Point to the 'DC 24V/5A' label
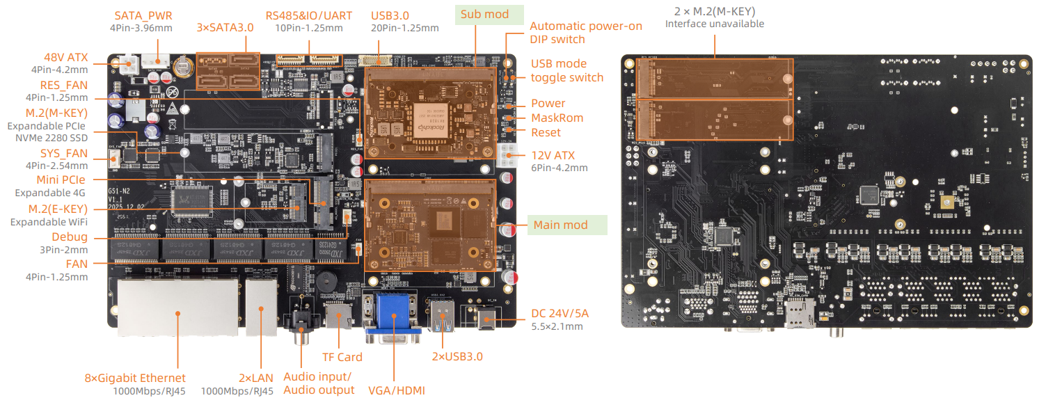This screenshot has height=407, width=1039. [x=560, y=313]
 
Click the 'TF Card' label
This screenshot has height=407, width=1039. [x=342, y=357]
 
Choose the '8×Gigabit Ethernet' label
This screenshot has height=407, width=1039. [x=135, y=378]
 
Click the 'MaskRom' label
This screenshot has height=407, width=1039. [x=557, y=118]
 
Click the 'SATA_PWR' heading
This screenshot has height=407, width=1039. [x=143, y=15]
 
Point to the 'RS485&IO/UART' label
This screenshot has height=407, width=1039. [x=308, y=15]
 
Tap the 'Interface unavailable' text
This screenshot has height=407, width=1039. [x=714, y=24]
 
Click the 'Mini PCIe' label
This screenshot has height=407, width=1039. [x=61, y=179]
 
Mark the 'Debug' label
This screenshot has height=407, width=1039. [x=70, y=237]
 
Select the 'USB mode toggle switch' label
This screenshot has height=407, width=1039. [x=566, y=70]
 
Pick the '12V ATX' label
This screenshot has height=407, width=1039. [x=553, y=155]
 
